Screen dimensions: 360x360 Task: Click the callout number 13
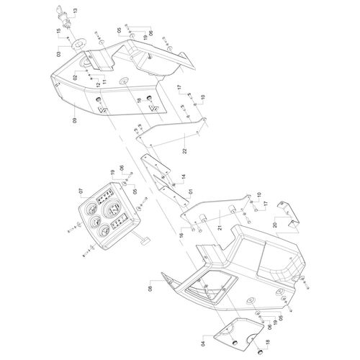coord(75,11)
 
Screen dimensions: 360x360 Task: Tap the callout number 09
coord(74,120)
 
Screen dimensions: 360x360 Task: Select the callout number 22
coord(184,151)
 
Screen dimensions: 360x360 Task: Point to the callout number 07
coord(81,192)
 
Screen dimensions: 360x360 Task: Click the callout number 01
coord(190,192)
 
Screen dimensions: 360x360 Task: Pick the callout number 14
coord(184,177)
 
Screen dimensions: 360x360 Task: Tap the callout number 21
coord(220,228)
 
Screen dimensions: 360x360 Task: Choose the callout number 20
coord(275,225)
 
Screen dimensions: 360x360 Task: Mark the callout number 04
coord(204,343)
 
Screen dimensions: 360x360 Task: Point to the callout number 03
coord(59,54)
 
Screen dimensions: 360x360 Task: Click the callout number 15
coord(58,32)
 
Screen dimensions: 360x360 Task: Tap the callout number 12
coord(98,85)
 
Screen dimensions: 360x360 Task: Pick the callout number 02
coord(75,77)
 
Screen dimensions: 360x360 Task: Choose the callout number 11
coord(104,81)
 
